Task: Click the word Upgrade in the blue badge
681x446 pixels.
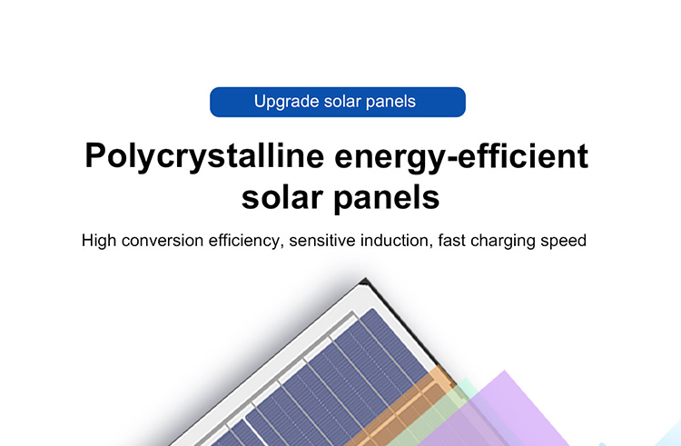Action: (x=287, y=102)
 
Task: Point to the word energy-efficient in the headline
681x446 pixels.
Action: (x=461, y=157)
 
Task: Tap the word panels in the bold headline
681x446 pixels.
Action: (x=387, y=199)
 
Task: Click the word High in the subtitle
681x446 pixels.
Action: (x=99, y=240)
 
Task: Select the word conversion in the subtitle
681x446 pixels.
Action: (x=163, y=241)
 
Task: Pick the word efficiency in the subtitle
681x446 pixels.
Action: (x=246, y=241)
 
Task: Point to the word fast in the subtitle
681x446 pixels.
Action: (x=451, y=240)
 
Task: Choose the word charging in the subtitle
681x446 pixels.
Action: (x=503, y=241)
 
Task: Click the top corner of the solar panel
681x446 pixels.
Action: (x=365, y=278)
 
